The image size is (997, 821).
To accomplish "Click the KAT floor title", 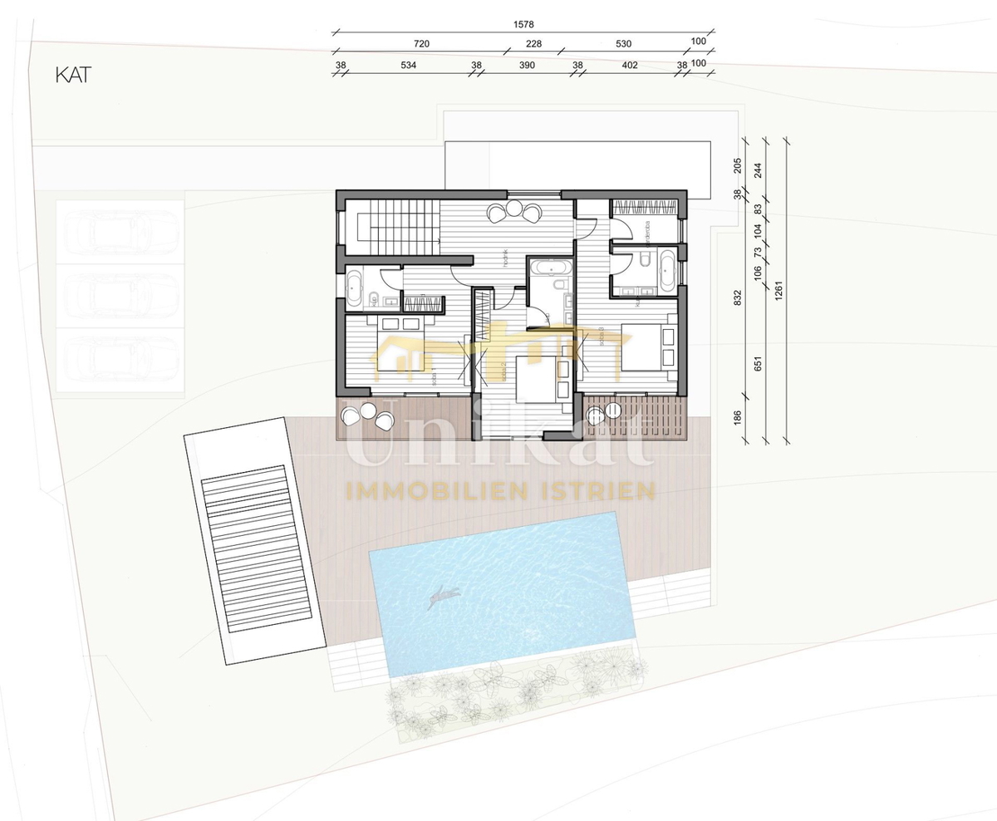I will pyautogui.click(x=72, y=74).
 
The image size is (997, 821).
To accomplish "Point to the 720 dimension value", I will pyautogui.click(x=421, y=44).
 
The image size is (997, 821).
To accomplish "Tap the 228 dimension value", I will pyautogui.click(x=533, y=44).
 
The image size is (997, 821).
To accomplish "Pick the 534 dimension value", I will pyautogui.click(x=408, y=65).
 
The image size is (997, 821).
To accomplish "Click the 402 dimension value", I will pyautogui.click(x=629, y=65).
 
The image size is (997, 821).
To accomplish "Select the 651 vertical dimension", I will pyautogui.click(x=758, y=362).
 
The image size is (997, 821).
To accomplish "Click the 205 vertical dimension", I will pyautogui.click(x=738, y=165).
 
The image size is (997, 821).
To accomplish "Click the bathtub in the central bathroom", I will pyautogui.click(x=549, y=268).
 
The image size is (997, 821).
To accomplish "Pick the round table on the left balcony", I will pyautogui.click(x=366, y=410).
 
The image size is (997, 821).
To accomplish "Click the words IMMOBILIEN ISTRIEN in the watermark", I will pyautogui.click(x=501, y=491).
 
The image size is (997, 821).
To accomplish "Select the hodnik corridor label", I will pyautogui.click(x=504, y=258).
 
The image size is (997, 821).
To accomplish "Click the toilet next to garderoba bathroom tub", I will pyautogui.click(x=645, y=262).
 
